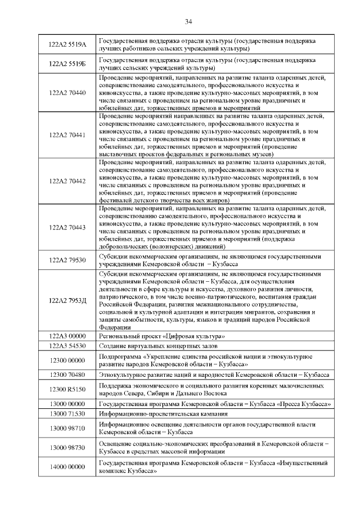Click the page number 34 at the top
tap(188, 21)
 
